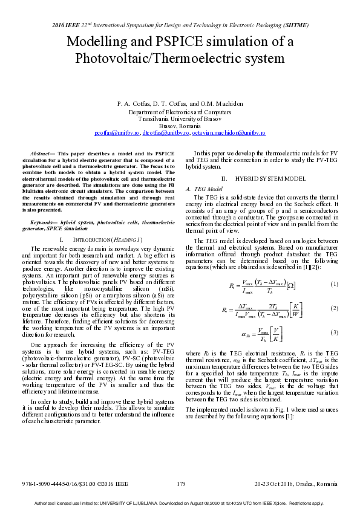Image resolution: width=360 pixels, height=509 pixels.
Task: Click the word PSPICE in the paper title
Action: point(159,42)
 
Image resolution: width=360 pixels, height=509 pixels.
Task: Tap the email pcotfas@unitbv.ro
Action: point(117,132)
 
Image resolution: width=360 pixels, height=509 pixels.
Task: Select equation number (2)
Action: point(334,308)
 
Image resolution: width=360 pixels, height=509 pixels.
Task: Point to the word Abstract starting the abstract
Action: point(42,155)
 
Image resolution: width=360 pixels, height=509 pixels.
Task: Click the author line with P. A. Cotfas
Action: point(180,103)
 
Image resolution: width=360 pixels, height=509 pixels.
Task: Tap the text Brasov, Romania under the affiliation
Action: point(180,125)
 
